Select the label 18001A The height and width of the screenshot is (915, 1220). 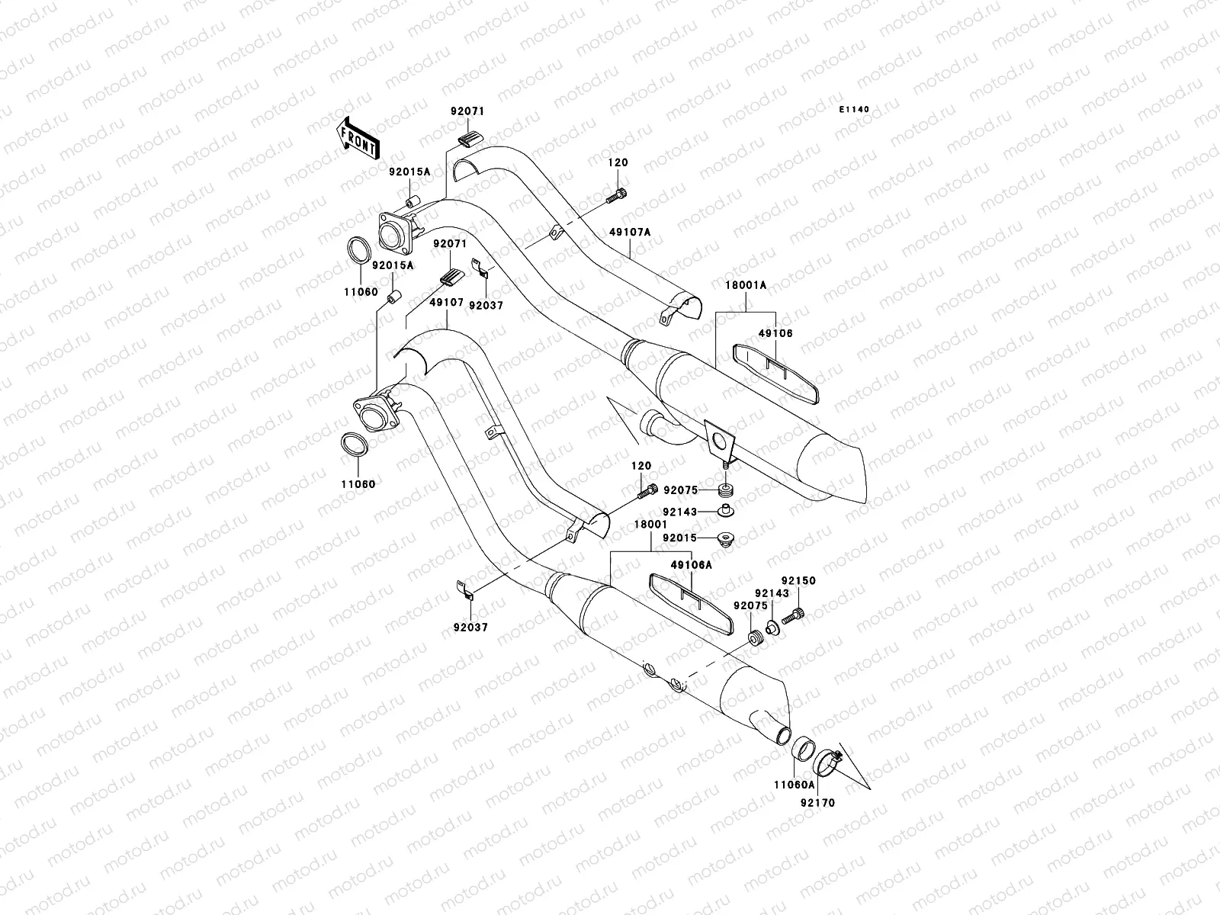tap(746, 284)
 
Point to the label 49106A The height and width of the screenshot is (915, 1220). tap(691, 565)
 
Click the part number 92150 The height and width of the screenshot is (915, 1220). tap(798, 581)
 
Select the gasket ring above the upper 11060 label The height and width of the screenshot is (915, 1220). tap(359, 250)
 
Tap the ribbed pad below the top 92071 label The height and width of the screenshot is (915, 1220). tap(470, 138)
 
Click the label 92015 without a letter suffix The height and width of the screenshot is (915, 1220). tap(680, 538)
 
